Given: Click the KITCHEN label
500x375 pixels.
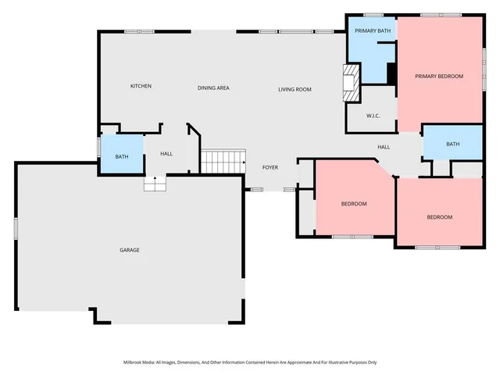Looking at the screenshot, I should click(141, 86).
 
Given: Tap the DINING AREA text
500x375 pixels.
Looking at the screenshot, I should click(212, 87).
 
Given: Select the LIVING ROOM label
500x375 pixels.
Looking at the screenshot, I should click(295, 90).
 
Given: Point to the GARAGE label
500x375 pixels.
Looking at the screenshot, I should click(129, 250).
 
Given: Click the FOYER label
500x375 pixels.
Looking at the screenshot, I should click(270, 166).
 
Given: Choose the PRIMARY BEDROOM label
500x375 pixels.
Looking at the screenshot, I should click(439, 76).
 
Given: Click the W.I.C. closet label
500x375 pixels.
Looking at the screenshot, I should click(373, 116).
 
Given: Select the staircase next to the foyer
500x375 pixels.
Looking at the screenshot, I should click(220, 162).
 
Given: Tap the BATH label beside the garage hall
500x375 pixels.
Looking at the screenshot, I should click(122, 156).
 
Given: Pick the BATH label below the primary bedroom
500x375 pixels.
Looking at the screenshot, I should click(453, 144).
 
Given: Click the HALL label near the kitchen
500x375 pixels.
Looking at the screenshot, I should click(166, 153).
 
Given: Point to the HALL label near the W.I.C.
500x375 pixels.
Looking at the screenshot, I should click(384, 147).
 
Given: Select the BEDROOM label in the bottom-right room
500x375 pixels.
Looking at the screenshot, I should click(439, 216).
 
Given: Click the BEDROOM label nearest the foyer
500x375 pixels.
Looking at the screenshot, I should click(353, 204).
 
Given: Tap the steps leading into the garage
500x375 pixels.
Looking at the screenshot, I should click(155, 184).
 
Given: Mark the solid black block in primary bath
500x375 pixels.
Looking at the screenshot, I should click(392, 73).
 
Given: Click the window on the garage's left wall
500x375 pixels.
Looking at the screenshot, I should click(16, 228).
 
